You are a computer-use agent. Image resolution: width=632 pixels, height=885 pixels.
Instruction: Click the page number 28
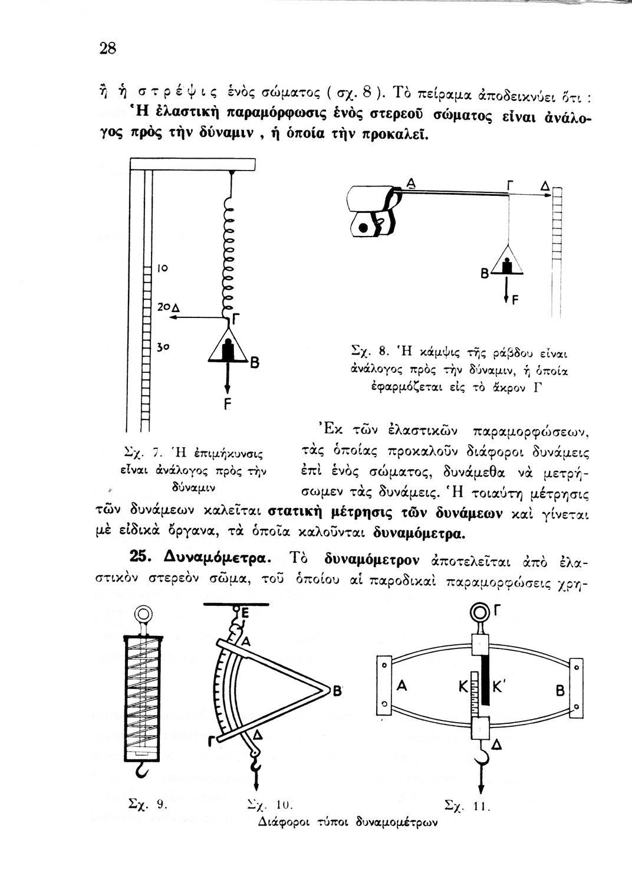coord(107,48)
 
